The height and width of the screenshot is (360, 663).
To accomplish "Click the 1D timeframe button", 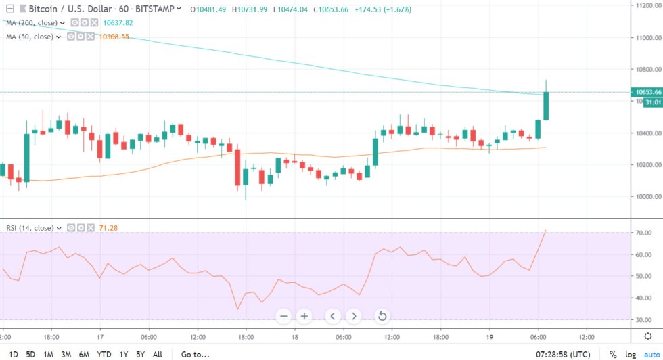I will [x=14, y=354].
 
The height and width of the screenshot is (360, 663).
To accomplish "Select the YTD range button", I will [x=104, y=354].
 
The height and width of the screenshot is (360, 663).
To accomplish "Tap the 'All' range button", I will [x=158, y=354].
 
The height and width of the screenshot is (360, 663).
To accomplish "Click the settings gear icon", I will [x=647, y=336].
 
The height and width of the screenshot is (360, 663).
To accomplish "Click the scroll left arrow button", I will [x=332, y=315].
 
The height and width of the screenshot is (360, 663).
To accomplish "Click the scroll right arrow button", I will [x=355, y=315].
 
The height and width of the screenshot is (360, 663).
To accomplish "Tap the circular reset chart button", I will [x=382, y=315].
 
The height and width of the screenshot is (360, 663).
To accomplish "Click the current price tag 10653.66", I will [x=646, y=92].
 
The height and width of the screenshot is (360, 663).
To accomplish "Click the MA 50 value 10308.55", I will [x=114, y=37].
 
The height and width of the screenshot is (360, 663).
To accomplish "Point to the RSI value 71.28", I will [x=108, y=228].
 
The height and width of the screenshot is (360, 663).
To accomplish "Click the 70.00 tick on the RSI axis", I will [x=643, y=233].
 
